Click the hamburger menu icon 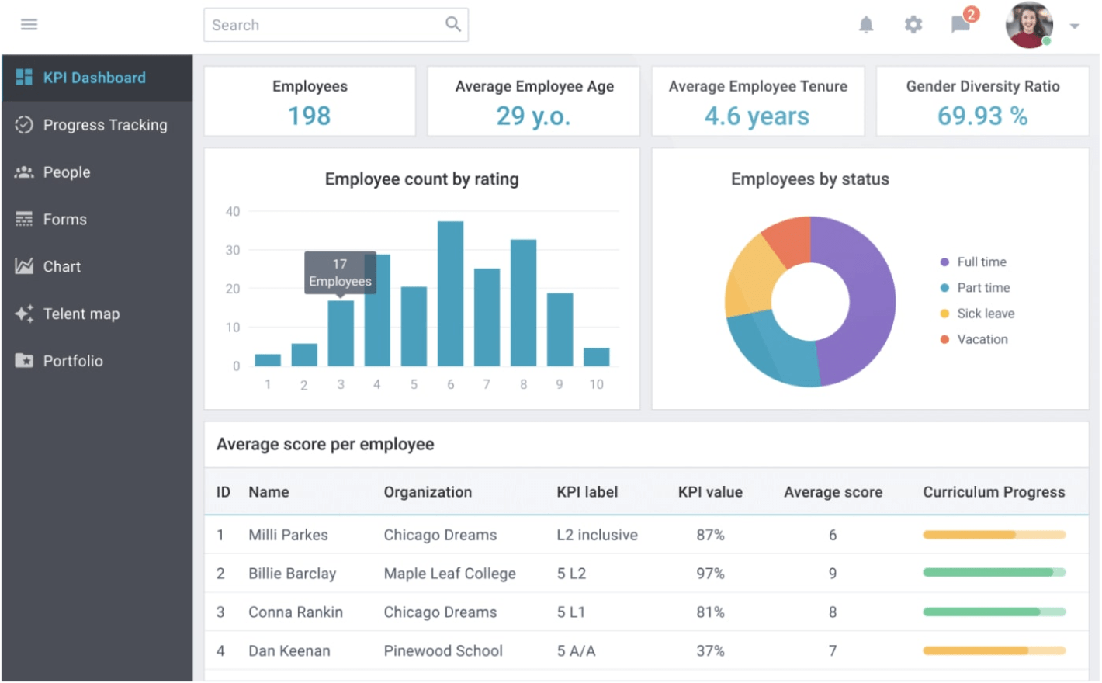pyautogui.click(x=29, y=25)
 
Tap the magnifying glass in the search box pyautogui.click(x=453, y=25)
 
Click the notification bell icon pyautogui.click(x=866, y=25)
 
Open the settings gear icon pyautogui.click(x=913, y=25)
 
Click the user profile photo pyautogui.click(x=1028, y=25)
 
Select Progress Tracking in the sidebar pyautogui.click(x=105, y=125)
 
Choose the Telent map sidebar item pyautogui.click(x=81, y=314)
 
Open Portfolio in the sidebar pyautogui.click(x=72, y=361)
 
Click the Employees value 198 pyautogui.click(x=309, y=116)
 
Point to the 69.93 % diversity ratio pyautogui.click(x=982, y=116)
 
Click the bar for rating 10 pyautogui.click(x=596, y=357)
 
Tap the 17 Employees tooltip pyautogui.click(x=340, y=272)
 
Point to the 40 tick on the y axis pyautogui.click(x=233, y=211)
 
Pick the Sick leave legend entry pyautogui.click(x=985, y=314)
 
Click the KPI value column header pyautogui.click(x=710, y=492)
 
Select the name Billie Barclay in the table pyautogui.click(x=292, y=574)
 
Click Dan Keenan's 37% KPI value pyautogui.click(x=710, y=651)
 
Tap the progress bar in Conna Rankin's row pyautogui.click(x=993, y=612)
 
